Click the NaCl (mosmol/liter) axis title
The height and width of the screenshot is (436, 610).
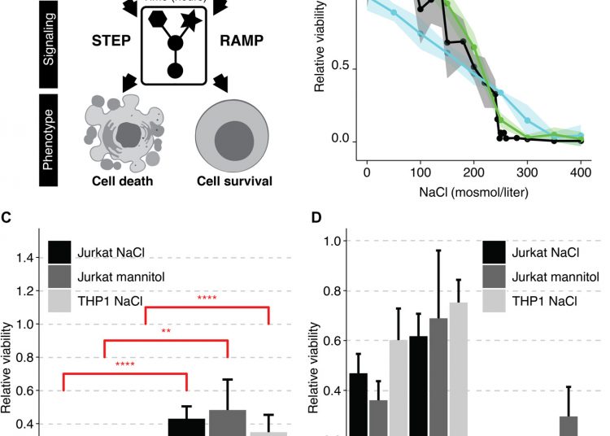point(474,194)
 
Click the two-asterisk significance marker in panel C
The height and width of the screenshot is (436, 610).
point(165,332)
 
